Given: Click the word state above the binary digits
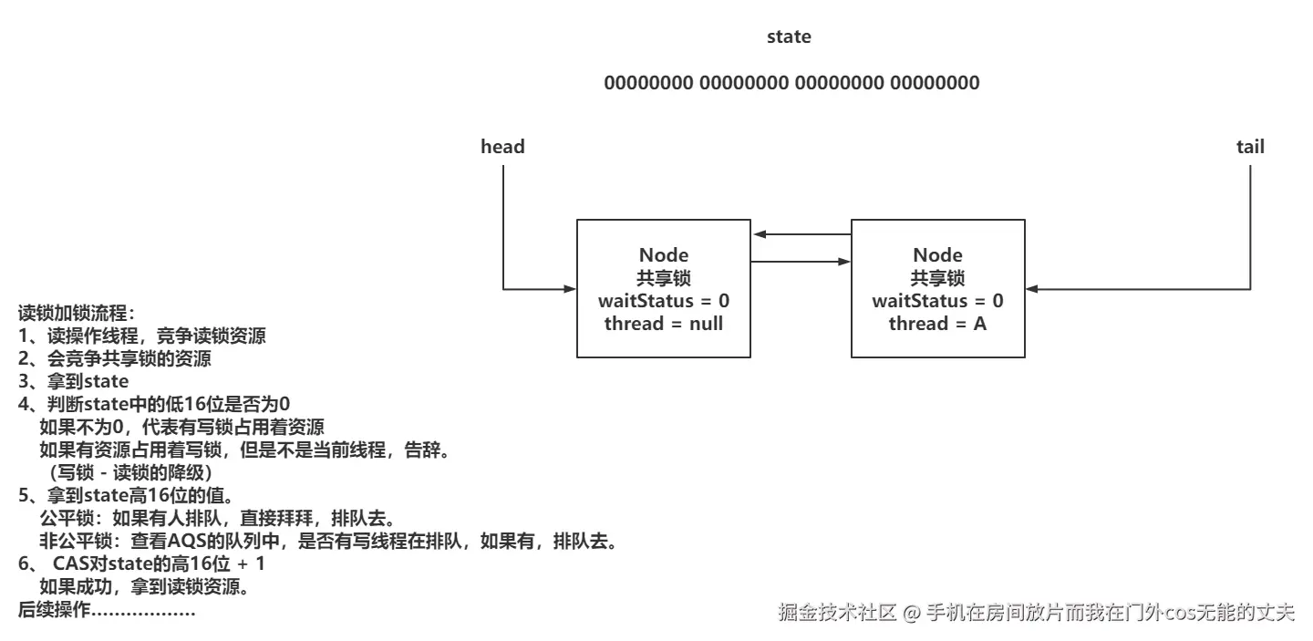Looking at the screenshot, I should tap(789, 37).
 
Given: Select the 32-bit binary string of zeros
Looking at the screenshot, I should tap(791, 83).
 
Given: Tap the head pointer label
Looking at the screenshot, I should tap(502, 147).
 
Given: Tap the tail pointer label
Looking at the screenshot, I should tap(1250, 147).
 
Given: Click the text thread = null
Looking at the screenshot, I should tap(663, 324).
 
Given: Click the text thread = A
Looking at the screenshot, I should tap(937, 324).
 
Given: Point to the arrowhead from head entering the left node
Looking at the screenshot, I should tap(571, 290).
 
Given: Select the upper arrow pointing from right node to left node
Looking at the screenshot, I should tap(801, 235).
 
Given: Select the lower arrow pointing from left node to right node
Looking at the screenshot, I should tap(801, 263).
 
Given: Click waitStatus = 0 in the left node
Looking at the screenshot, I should tap(663, 301).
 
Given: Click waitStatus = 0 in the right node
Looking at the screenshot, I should tap(937, 301).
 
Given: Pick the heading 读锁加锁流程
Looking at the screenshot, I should tap(76, 315).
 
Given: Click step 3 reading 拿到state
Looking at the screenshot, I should tap(74, 382).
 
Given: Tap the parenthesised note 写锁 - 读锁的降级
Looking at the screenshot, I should tap(130, 473).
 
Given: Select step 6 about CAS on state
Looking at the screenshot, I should tap(141, 564).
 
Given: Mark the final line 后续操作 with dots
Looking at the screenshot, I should tap(107, 610).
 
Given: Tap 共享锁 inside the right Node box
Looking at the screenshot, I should tap(937, 279).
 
